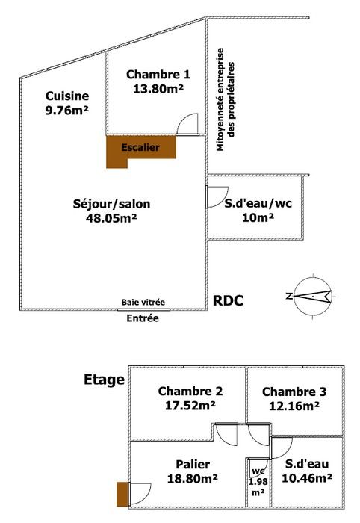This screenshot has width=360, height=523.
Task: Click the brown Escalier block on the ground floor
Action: (140, 147)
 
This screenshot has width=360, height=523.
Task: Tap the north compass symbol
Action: (312, 296)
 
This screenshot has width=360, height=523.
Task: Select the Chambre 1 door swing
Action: (187, 125)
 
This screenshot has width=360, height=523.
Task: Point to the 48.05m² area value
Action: (111, 218)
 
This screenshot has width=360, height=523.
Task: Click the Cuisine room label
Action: (67, 96)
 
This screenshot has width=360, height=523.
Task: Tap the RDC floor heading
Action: (228, 300)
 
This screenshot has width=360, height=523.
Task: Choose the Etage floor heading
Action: (104, 380)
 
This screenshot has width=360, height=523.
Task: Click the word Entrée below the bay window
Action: (143, 318)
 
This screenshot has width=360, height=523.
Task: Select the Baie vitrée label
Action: (143, 302)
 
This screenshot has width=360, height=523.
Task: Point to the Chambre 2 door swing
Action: (226, 434)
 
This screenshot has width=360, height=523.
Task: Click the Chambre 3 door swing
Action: (258, 435)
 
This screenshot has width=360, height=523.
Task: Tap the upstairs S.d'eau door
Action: (282, 448)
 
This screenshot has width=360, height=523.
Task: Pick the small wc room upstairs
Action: (258, 482)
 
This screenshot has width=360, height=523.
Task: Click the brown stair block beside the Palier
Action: (122, 494)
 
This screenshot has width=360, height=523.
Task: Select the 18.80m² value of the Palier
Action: (193, 479)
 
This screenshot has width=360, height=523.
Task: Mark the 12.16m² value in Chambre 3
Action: (294, 406)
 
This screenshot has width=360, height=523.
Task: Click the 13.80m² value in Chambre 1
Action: (158, 89)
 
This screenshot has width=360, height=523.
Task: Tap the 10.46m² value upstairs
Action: (307, 478)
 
